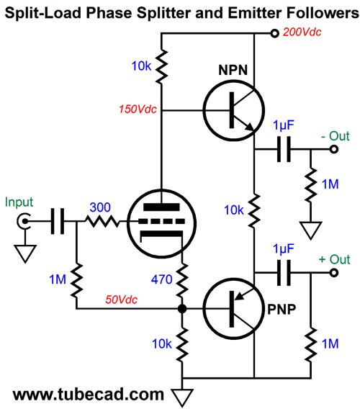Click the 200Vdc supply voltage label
point(302,32)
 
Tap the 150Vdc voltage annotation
point(138,109)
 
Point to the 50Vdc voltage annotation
point(121,300)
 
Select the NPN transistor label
point(233,70)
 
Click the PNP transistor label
point(282,310)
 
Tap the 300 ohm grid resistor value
point(100,207)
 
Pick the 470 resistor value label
point(162,279)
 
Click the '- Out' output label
point(336,136)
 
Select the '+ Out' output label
point(334,259)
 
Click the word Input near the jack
point(19,202)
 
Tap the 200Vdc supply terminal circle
point(274,33)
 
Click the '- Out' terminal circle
point(334,150)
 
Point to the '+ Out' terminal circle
point(334,273)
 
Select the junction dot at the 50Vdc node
point(182,309)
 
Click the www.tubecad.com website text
point(89,394)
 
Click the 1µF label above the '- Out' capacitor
point(283,125)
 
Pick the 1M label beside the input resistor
point(58,279)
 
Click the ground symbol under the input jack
point(25,253)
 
